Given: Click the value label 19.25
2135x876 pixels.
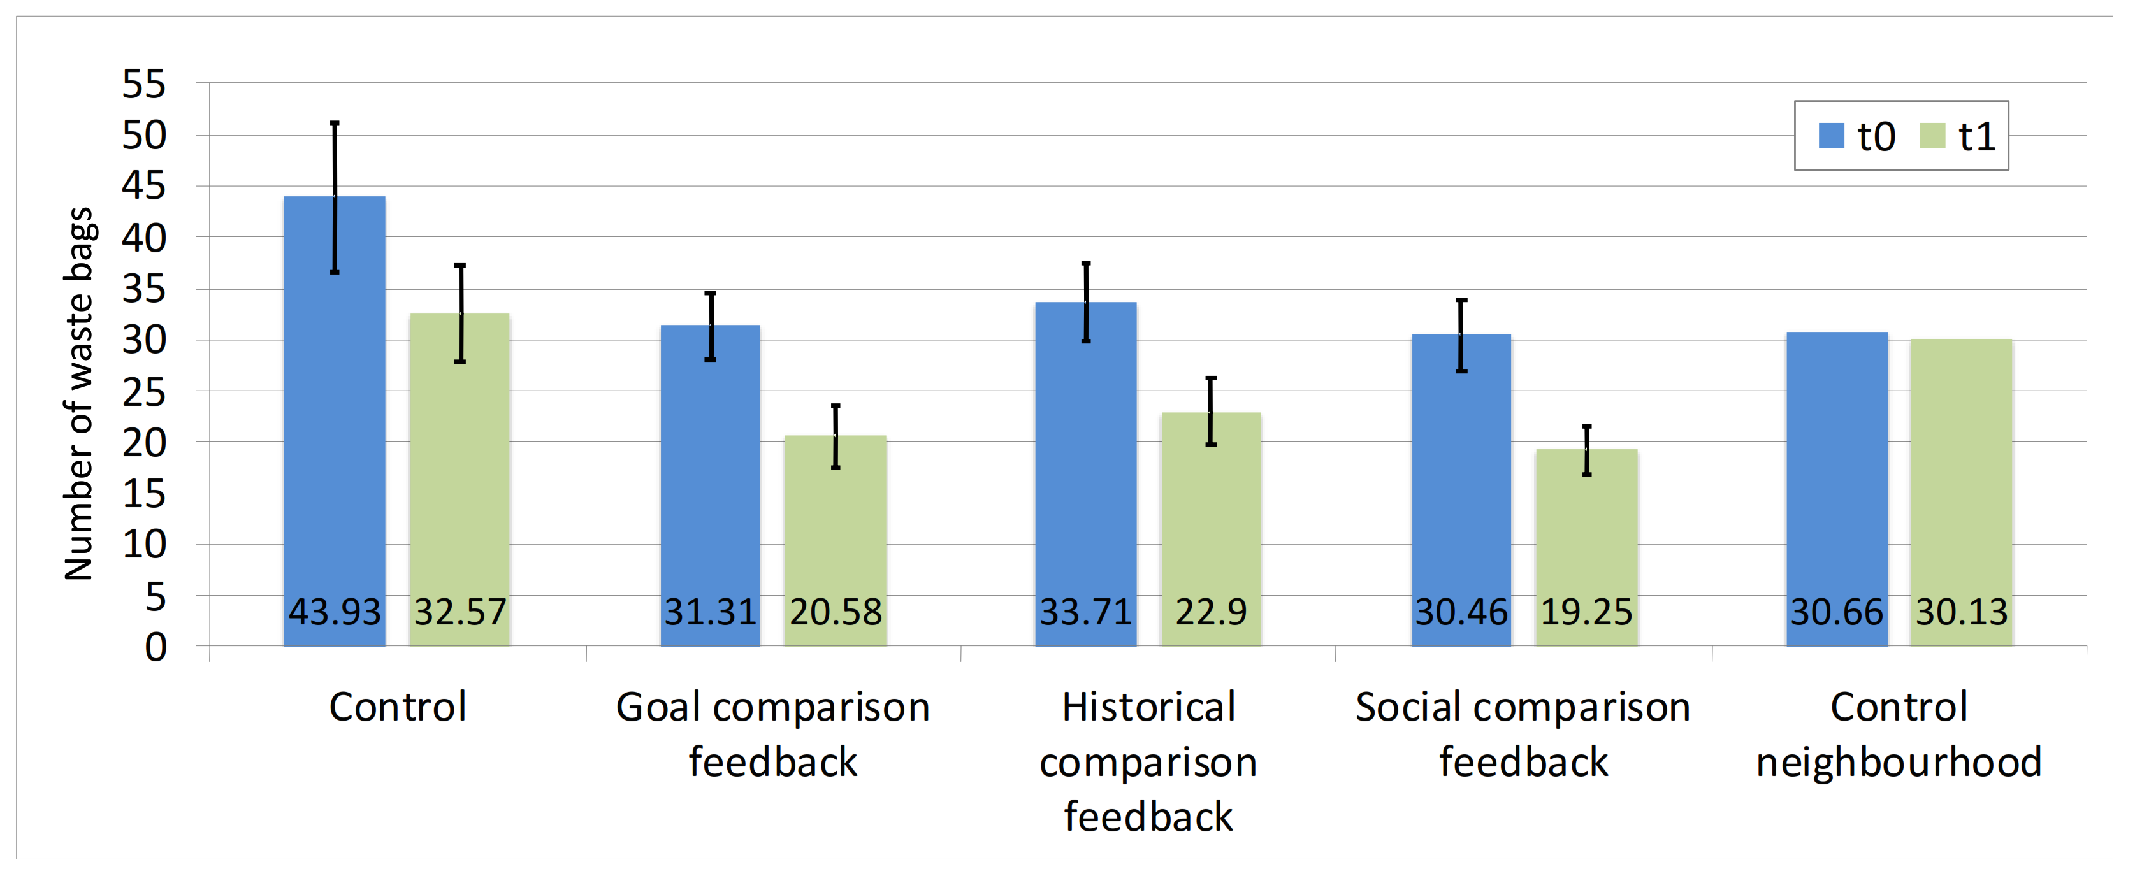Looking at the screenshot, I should pyautogui.click(x=1586, y=612).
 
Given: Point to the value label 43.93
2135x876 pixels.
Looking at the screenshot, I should pyautogui.click(x=334, y=612).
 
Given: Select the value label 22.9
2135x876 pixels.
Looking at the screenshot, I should pyautogui.click(x=1211, y=612).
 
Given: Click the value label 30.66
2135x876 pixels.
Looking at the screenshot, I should pyautogui.click(x=1837, y=612).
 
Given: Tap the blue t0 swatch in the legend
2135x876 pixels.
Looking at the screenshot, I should pyautogui.click(x=1831, y=136).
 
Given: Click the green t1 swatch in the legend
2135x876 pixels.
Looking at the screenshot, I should pyautogui.click(x=1932, y=136).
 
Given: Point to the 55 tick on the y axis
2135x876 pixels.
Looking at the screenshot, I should pyautogui.click(x=144, y=83).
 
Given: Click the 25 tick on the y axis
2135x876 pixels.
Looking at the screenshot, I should pyautogui.click(x=144, y=392).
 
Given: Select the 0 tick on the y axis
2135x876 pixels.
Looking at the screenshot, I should pyautogui.click(x=156, y=647).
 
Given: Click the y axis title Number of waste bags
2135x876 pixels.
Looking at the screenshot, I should pyautogui.click(x=79, y=394).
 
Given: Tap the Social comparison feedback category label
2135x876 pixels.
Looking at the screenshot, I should pyautogui.click(x=1523, y=733).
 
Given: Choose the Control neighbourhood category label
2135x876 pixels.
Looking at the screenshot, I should pyautogui.click(x=1899, y=733).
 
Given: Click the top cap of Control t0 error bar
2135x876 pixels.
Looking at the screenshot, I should pyautogui.click(x=335, y=124).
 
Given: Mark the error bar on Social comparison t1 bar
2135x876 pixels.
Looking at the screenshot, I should pyautogui.click(x=1586, y=450).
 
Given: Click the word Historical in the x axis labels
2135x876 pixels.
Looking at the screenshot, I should pyautogui.click(x=1148, y=707).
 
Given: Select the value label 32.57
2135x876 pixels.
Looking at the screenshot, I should pyautogui.click(x=460, y=612).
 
